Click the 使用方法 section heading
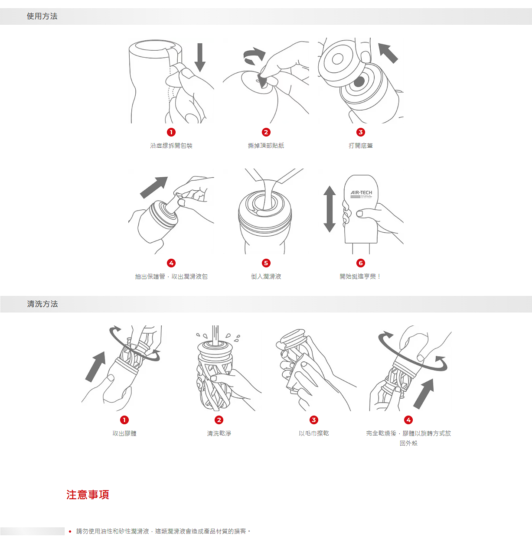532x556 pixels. point(42,16)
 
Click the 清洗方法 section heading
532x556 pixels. point(42,304)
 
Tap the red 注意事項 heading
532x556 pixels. point(88,494)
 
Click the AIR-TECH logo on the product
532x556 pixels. point(361,193)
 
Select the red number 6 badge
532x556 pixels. point(361,263)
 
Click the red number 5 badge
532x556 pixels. point(266,263)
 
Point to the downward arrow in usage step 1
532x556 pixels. point(200,58)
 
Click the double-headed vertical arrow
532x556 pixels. point(330,209)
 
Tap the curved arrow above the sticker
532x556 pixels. point(254,55)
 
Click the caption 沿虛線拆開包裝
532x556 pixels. point(171,146)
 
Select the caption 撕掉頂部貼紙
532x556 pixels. point(266,146)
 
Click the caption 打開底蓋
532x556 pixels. point(361,146)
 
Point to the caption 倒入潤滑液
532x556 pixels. point(266,276)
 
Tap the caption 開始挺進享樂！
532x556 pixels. point(360,276)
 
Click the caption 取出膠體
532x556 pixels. point(124,433)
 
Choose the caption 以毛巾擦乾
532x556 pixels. point(314,433)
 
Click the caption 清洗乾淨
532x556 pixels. point(219,433)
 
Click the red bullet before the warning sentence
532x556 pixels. point(70,531)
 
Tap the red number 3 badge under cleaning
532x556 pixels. point(314,420)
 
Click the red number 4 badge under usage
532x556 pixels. point(171,263)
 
